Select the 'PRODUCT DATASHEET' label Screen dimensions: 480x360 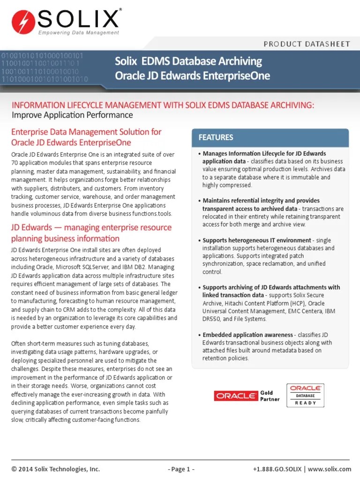[x=307, y=44]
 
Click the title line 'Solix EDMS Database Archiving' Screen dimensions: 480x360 [x=188, y=61]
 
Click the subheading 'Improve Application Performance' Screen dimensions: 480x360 [x=72, y=115]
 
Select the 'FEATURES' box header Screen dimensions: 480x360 [x=216, y=137]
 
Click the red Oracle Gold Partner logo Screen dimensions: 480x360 [x=236, y=396]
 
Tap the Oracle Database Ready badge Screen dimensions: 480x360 [x=305, y=395]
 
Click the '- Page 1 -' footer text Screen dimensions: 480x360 [x=180, y=469]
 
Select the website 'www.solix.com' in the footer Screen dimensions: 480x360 [x=330, y=469]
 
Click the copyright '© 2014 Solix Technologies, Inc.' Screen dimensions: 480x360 [x=56, y=469]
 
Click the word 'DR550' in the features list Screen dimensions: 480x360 [x=212, y=319]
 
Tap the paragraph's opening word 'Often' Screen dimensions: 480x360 [x=19, y=344]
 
